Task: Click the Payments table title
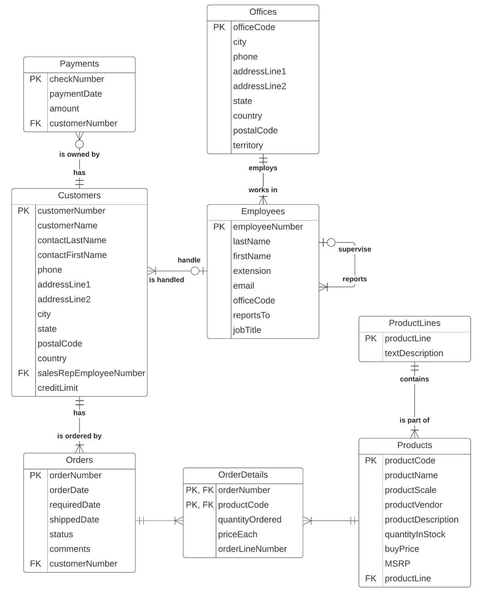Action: point(79,64)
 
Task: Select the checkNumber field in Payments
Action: point(76,79)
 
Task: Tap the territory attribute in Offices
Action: point(248,146)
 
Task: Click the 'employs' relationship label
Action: point(263,168)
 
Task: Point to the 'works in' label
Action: point(263,190)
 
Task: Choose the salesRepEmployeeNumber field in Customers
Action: point(91,373)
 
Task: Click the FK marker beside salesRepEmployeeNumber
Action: point(24,373)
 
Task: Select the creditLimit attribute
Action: point(58,388)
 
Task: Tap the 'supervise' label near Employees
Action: point(354,249)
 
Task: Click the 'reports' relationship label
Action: point(354,279)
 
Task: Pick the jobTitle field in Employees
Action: point(247,330)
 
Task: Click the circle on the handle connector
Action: point(195,271)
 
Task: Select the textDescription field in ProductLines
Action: point(414,353)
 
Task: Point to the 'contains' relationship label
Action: point(414,379)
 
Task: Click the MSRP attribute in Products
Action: point(397,564)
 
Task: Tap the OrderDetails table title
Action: point(243,475)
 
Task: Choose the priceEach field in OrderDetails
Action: point(237,535)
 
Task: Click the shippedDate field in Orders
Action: point(74,520)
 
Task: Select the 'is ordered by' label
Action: point(79,436)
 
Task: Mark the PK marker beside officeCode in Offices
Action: point(219,27)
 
